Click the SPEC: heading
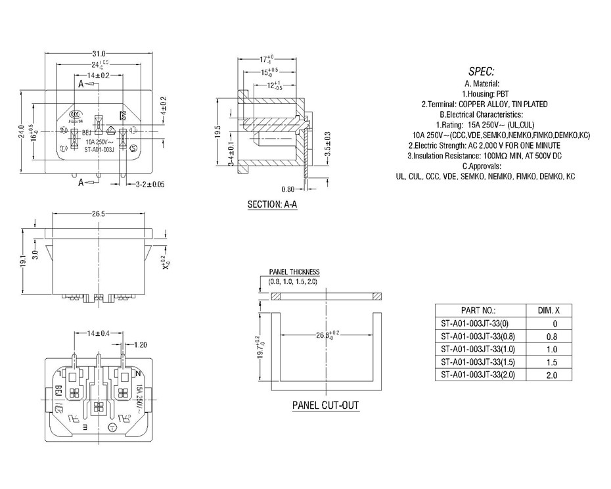pyautogui.click(x=481, y=72)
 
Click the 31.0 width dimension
pyautogui.click(x=99, y=53)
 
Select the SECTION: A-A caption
pyautogui.click(x=272, y=204)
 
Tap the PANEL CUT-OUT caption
pyautogui.click(x=325, y=405)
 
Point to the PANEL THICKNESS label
pyautogui.click(x=294, y=272)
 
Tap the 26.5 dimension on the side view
pyautogui.click(x=100, y=214)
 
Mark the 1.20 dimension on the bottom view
pyautogui.click(x=140, y=344)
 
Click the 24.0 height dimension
pyautogui.click(x=22, y=131)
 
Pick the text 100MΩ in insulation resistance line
pyautogui.click(x=487, y=156)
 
